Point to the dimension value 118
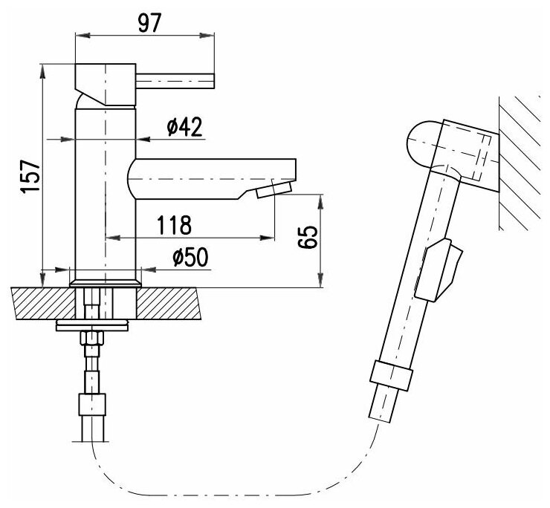(175, 224)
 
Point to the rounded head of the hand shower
(420, 143)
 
